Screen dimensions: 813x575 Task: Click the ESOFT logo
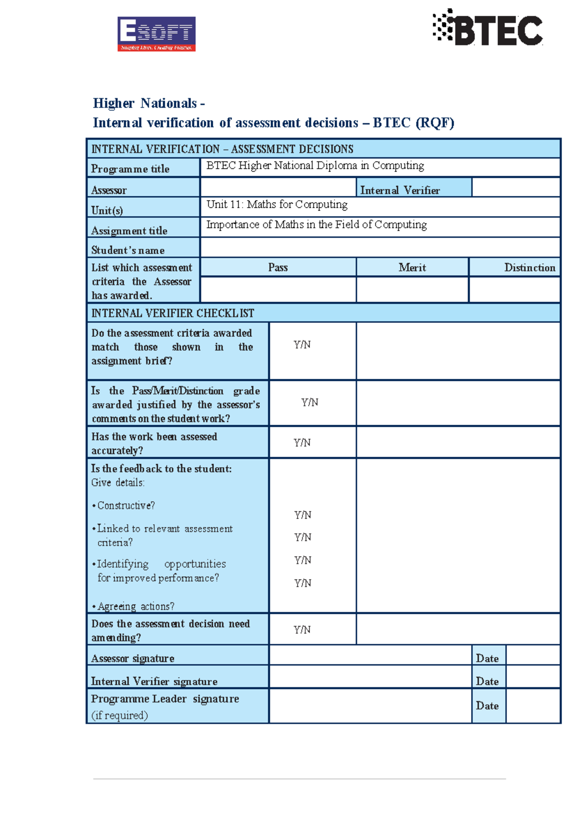(x=156, y=34)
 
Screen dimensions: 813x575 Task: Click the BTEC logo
(x=488, y=28)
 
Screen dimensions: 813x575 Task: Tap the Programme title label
(x=130, y=169)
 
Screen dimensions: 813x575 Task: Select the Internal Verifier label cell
(x=400, y=190)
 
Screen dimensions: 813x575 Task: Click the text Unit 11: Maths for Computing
(x=277, y=204)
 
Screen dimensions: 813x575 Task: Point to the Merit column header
(x=412, y=268)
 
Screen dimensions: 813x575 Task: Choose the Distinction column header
(x=529, y=268)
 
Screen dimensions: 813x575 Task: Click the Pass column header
(x=278, y=268)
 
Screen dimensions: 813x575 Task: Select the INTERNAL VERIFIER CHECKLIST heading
(x=172, y=313)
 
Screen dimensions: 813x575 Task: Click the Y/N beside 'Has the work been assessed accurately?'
(x=302, y=442)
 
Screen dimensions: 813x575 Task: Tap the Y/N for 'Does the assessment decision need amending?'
(x=302, y=630)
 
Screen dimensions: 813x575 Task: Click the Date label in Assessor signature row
(x=487, y=658)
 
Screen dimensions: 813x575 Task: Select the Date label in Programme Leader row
(x=487, y=706)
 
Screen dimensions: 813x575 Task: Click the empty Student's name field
(x=379, y=248)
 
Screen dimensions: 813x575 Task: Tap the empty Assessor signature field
(x=370, y=655)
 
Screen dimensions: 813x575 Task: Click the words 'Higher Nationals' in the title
(x=145, y=103)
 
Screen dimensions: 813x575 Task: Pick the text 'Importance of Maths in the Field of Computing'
(x=316, y=225)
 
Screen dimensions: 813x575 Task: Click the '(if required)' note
(x=119, y=715)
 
